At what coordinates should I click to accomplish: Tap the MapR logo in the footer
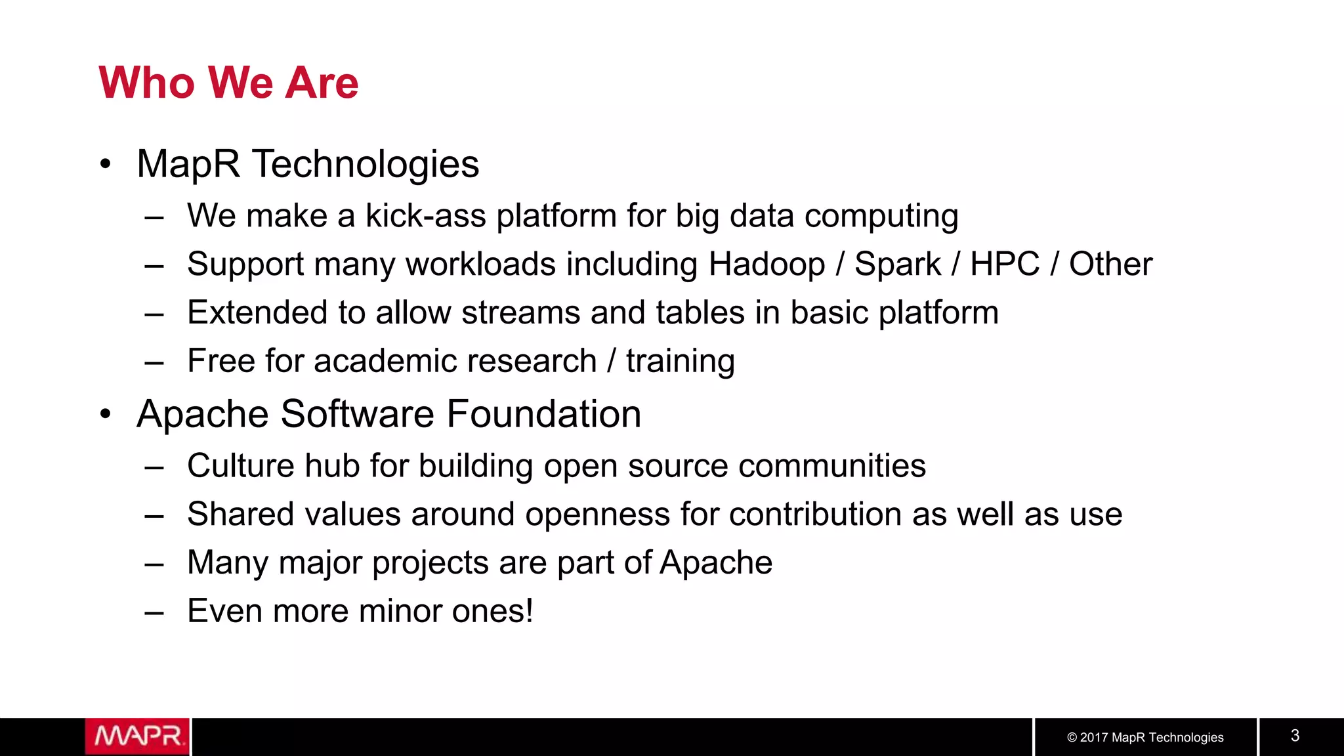[137, 736]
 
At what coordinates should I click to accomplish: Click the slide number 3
[1295, 736]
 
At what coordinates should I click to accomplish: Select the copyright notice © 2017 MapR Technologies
[1145, 737]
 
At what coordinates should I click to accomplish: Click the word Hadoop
[766, 264]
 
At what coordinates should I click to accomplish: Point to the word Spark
[898, 264]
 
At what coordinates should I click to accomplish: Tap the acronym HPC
[1005, 264]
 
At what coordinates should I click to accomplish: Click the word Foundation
[544, 414]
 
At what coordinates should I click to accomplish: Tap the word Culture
[240, 466]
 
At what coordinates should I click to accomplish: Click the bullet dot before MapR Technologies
[106, 164]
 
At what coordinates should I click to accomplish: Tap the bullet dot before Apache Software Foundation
[106, 414]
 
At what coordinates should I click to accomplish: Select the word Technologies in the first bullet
[366, 164]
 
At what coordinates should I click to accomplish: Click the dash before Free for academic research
[154, 362]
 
